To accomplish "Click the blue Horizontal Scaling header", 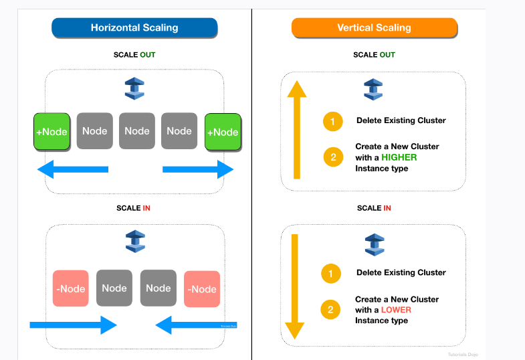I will click(134, 27).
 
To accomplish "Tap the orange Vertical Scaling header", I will click(374, 27).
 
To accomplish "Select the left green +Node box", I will click(51, 132).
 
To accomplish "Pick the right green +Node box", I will click(223, 132).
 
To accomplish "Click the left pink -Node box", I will click(70, 288).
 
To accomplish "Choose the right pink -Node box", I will click(202, 288).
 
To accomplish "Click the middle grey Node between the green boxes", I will click(137, 130).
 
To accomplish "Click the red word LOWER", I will click(396, 310).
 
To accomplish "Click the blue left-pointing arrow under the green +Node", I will click(72, 170).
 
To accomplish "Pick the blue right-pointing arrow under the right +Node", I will click(198, 170).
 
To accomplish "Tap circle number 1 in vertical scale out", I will click(332, 121).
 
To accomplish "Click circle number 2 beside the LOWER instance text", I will click(330, 310).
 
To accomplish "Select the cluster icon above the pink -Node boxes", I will click(135, 242).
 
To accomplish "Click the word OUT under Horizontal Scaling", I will click(147, 55).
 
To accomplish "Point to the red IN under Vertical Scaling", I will click(387, 208).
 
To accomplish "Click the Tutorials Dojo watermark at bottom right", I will click(463, 354).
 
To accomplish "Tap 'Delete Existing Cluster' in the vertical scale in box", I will click(401, 272).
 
